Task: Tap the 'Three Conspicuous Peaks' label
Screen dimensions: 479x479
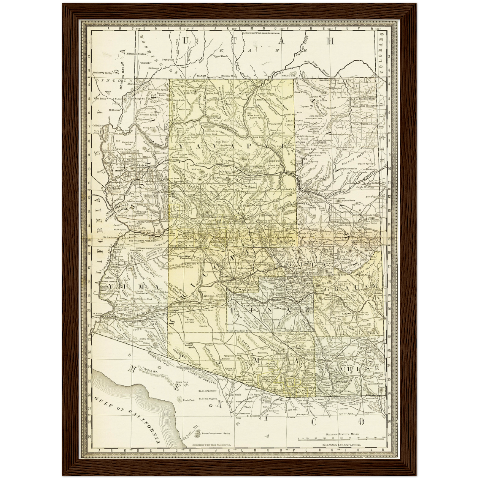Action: coord(215,433)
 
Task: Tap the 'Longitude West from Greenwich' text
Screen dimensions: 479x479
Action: coord(262,33)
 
